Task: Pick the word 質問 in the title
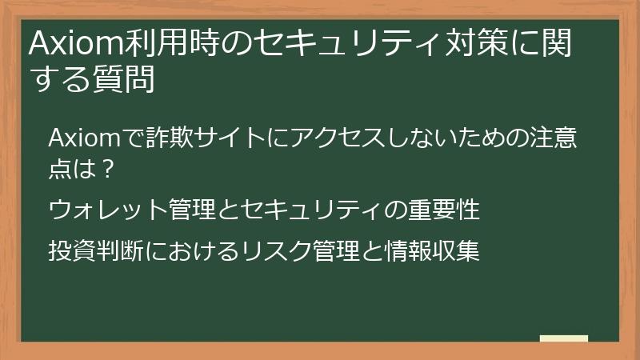point(124,81)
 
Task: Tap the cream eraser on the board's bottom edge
point(563,338)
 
